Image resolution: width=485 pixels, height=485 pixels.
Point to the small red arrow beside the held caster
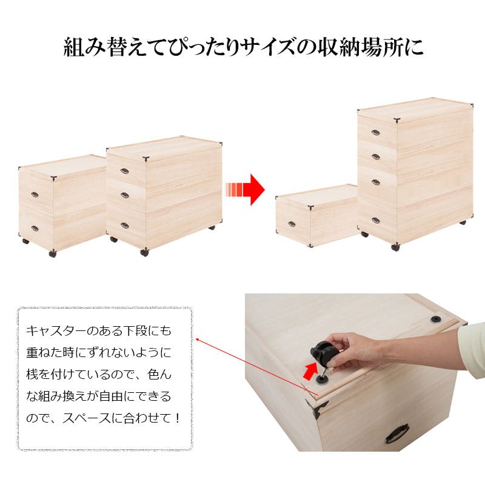pyautogui.click(x=309, y=369)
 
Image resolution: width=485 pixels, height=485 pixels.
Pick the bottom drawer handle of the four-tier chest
pyautogui.click(x=375, y=219)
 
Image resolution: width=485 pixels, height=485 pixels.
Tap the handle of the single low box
pyautogui.click(x=292, y=224)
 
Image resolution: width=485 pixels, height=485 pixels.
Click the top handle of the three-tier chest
pyautogui.click(x=124, y=171)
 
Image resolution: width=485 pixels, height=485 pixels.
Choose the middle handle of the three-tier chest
pyautogui.click(x=124, y=195)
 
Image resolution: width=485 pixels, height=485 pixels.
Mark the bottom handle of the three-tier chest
pyautogui.click(x=124, y=226)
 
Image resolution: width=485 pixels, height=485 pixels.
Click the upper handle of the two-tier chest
pyautogui.click(x=35, y=195)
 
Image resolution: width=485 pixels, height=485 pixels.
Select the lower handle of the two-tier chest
pyautogui.click(x=35, y=229)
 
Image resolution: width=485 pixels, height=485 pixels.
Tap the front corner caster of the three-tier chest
pyautogui.click(x=144, y=252)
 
